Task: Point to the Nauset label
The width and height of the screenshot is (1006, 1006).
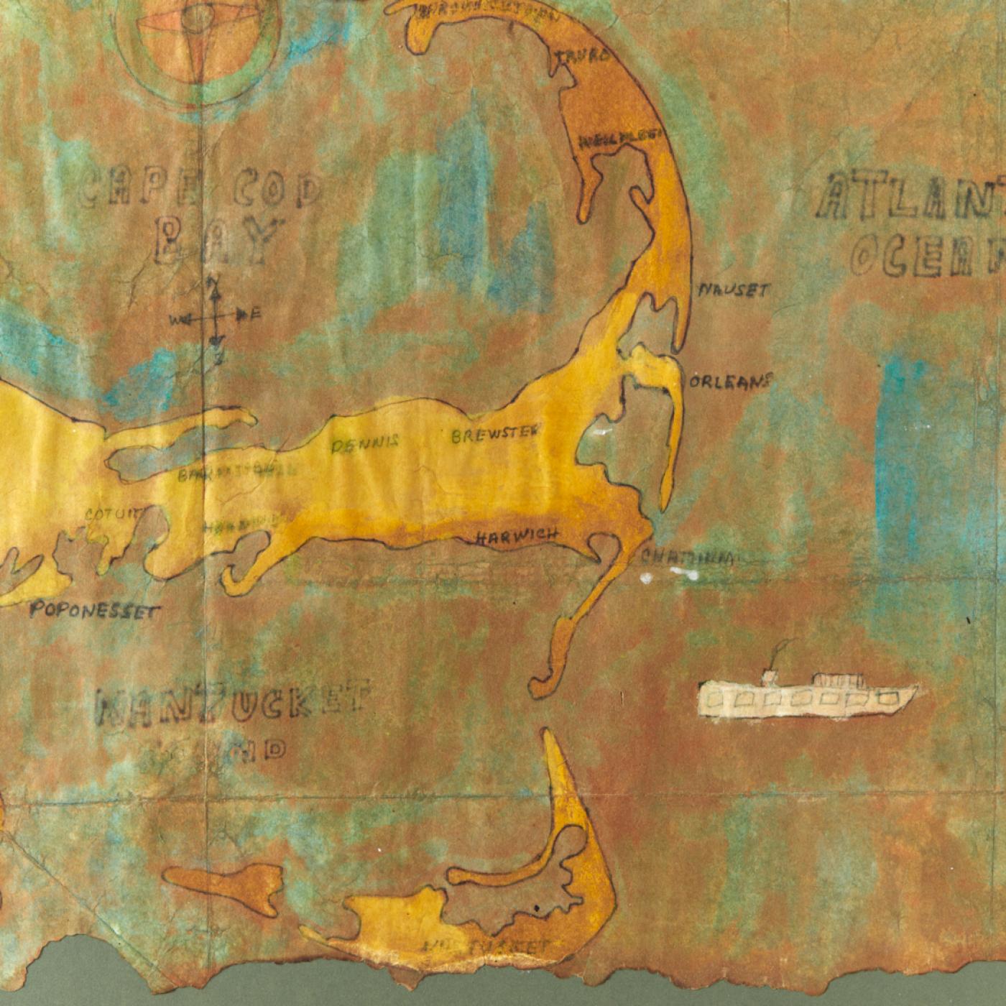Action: tap(734, 290)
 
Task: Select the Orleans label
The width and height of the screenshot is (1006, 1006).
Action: tap(730, 381)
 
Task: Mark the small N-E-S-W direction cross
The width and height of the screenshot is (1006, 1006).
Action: tap(216, 315)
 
